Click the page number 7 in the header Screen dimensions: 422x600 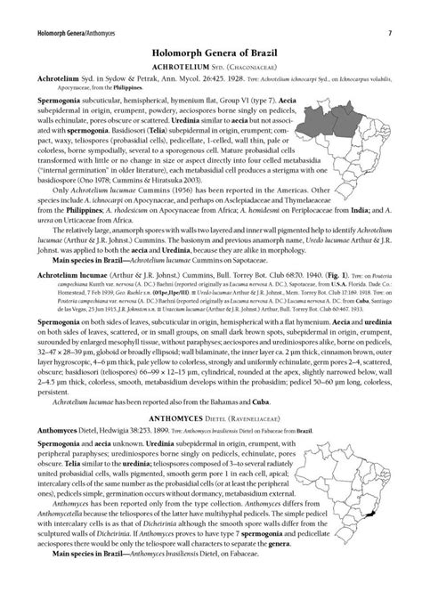(x=392, y=10)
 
